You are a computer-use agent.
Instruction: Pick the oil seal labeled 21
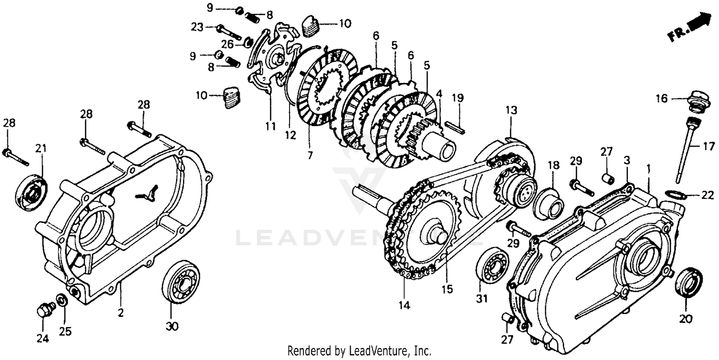coord(32,192)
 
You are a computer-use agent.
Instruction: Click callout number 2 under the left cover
coord(120,314)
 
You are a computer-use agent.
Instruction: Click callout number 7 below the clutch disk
coord(310,156)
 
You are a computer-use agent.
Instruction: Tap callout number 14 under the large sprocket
coord(404,304)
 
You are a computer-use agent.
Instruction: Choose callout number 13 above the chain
coord(511,110)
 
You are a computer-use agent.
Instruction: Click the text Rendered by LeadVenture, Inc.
coord(359,351)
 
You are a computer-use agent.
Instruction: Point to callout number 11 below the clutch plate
coord(271,127)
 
